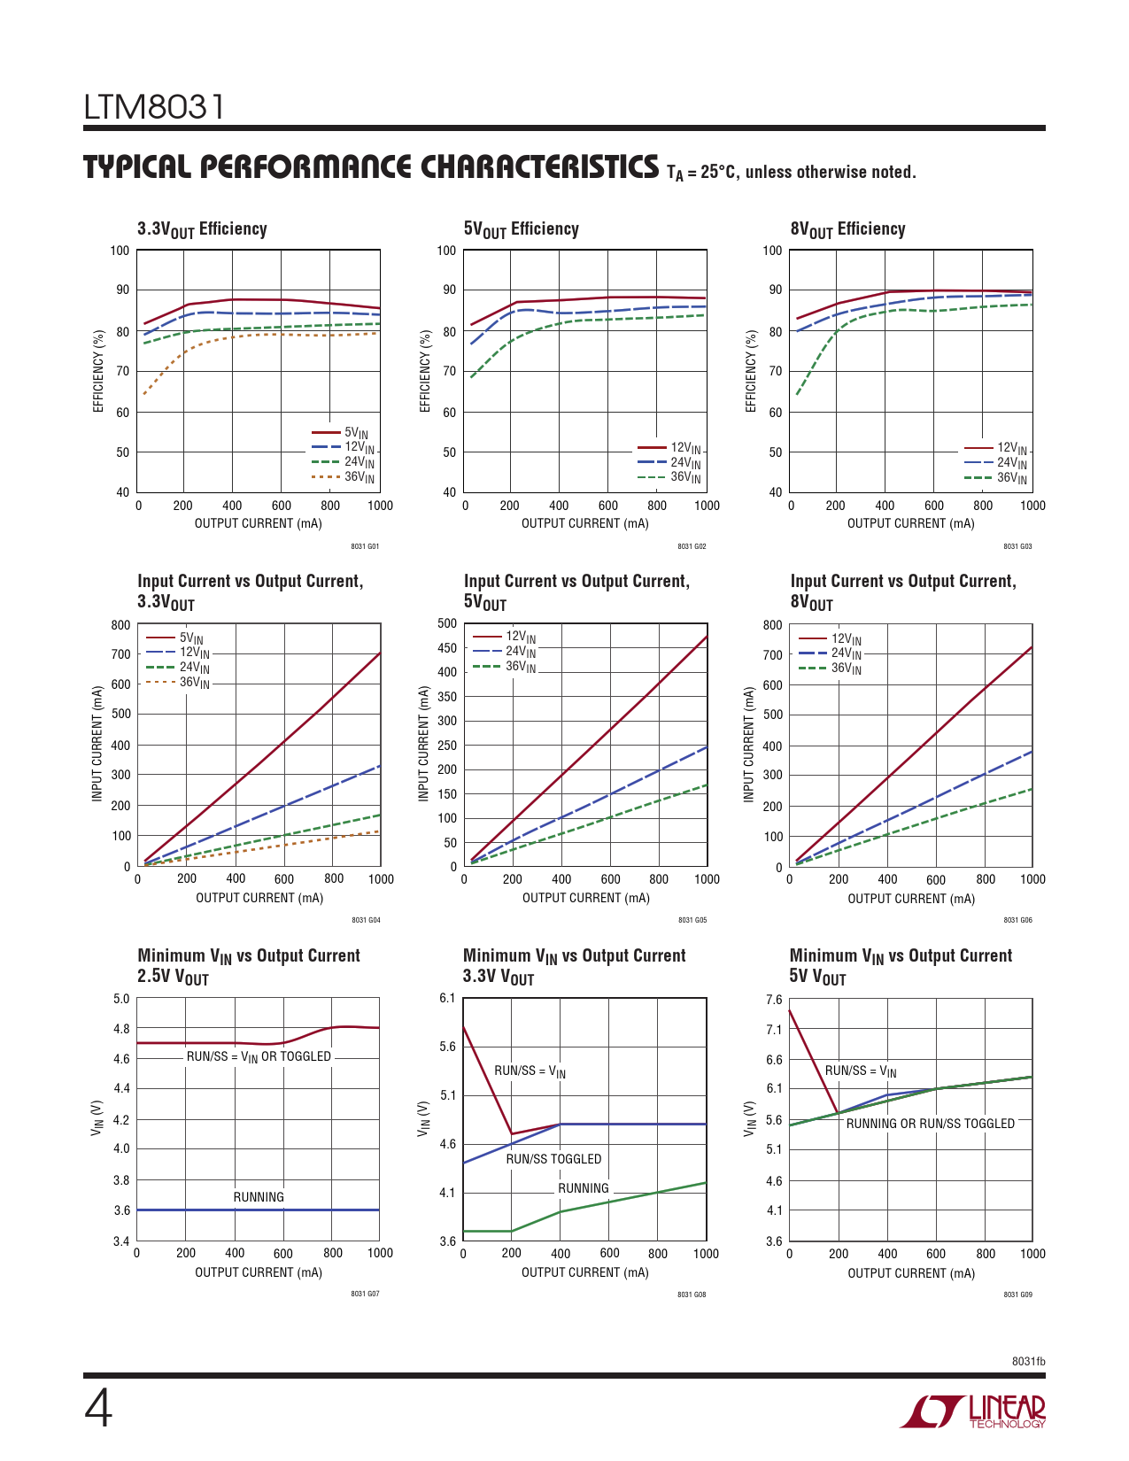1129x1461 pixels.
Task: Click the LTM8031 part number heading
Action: click(154, 108)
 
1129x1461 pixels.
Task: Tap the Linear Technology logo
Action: click(972, 1411)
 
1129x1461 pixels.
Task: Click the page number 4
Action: click(98, 1409)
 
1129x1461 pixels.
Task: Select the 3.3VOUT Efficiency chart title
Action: click(202, 229)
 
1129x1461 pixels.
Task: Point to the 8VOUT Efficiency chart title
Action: click(847, 229)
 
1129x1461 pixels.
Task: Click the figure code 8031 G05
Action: click(692, 920)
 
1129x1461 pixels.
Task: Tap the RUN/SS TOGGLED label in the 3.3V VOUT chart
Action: click(553, 1159)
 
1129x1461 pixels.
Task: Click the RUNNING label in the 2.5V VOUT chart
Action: click(259, 1197)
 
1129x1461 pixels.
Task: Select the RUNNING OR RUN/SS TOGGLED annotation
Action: click(930, 1124)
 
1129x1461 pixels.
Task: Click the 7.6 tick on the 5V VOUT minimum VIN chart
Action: click(774, 1001)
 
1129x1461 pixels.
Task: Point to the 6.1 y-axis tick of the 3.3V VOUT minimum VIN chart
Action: click(447, 999)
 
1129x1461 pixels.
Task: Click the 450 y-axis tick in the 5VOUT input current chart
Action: click(447, 648)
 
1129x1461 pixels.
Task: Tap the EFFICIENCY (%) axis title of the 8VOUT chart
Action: click(752, 371)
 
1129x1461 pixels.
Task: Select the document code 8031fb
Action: click(1028, 1361)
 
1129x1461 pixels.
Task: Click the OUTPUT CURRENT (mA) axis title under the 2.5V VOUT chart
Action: click(259, 1272)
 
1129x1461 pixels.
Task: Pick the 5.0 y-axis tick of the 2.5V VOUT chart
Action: click(121, 1000)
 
